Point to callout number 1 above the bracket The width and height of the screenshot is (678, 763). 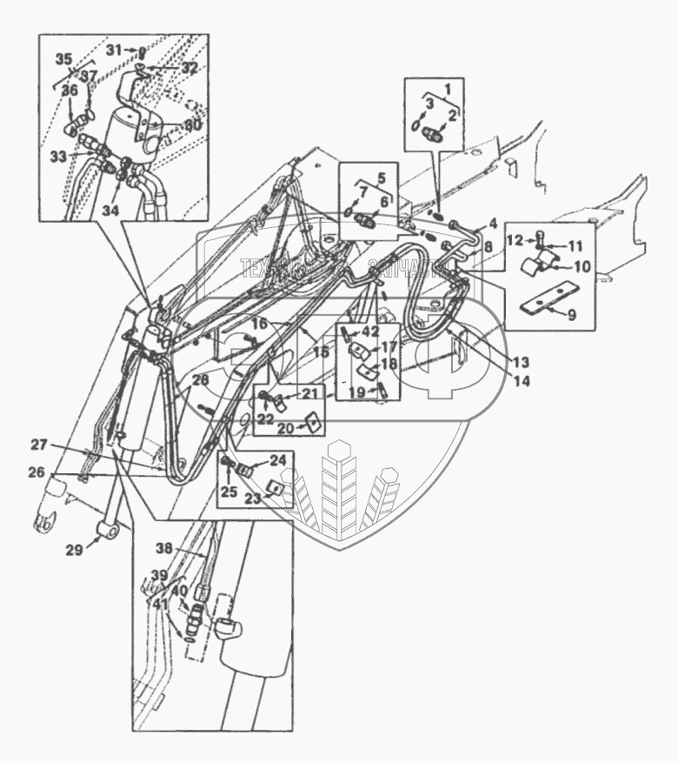(448, 87)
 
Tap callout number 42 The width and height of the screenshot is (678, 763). (370, 331)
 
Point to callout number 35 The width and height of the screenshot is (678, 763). (63, 59)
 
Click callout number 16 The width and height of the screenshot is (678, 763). (258, 324)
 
